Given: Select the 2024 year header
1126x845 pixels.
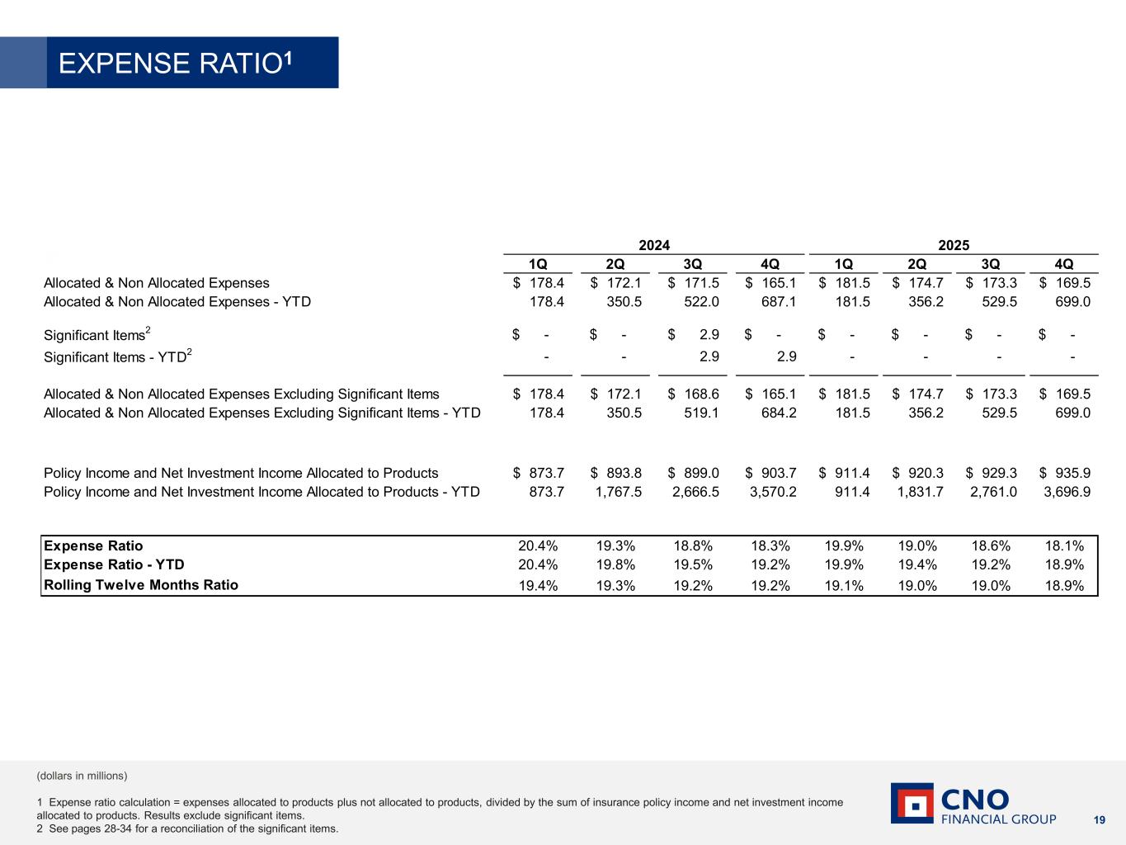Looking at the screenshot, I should (x=654, y=245).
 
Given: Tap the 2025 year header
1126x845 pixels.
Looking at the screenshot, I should (x=954, y=245).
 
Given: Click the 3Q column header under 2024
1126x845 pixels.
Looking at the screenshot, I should (x=692, y=264).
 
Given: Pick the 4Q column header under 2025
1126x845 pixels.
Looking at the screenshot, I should (x=1064, y=264).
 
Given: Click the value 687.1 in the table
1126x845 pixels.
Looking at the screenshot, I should (x=778, y=302).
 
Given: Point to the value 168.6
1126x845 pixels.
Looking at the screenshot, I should (x=700, y=394).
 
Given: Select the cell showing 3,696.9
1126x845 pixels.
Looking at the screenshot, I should (x=1067, y=492).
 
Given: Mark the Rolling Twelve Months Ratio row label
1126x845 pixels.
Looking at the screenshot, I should (x=141, y=585).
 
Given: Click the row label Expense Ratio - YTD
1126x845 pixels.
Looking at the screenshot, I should (x=114, y=564).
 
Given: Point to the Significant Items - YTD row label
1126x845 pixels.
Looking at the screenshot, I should (x=117, y=357).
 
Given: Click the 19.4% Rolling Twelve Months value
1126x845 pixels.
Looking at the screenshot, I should (x=538, y=586).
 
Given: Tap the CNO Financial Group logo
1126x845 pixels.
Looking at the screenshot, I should (x=973, y=804).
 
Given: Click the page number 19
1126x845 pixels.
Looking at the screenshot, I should (x=1099, y=819).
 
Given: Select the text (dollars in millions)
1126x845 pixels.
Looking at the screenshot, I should (x=82, y=776).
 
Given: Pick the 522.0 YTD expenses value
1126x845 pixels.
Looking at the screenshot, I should (x=700, y=302).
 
